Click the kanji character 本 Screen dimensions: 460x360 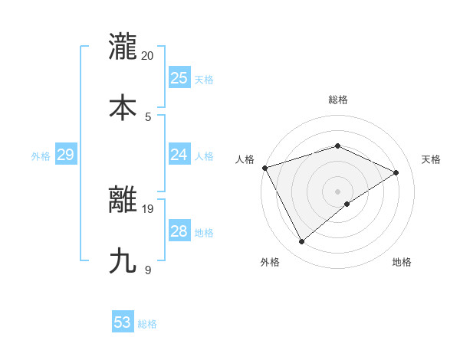pyautogui.click(x=123, y=108)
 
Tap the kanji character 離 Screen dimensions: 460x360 pyautogui.click(x=123, y=200)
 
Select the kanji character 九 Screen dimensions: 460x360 pyautogui.click(x=123, y=261)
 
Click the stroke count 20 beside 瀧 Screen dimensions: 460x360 pyautogui.click(x=148, y=55)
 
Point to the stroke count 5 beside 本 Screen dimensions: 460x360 pyautogui.click(x=148, y=116)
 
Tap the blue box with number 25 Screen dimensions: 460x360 pyautogui.click(x=179, y=78)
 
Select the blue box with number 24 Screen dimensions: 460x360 pyautogui.click(x=179, y=155)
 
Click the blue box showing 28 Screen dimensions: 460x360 pyautogui.click(x=179, y=231)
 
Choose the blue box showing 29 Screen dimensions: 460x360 pyautogui.click(x=66, y=155)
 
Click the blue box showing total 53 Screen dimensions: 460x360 pyautogui.click(x=123, y=322)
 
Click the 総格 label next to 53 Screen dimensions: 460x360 pyautogui.click(x=147, y=324)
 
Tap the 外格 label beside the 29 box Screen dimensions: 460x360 pyautogui.click(x=41, y=156)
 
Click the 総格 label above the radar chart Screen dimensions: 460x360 pyautogui.click(x=338, y=100)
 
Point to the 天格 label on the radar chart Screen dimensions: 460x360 pyautogui.click(x=431, y=159)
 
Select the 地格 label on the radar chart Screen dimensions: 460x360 pyautogui.click(x=402, y=262)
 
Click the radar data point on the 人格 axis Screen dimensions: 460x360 pyautogui.click(x=264, y=168)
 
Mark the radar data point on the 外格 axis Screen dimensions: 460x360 pyautogui.click(x=302, y=242)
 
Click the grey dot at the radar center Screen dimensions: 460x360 pyautogui.click(x=337, y=191)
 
